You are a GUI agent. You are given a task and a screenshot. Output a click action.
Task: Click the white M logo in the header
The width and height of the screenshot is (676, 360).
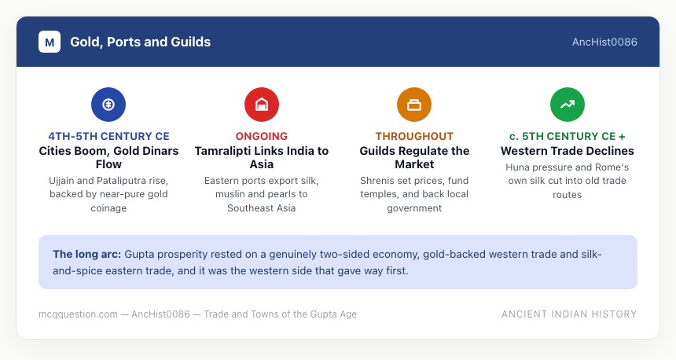coord(50,42)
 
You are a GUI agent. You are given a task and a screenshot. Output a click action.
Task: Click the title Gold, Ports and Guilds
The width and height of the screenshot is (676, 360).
coord(141,42)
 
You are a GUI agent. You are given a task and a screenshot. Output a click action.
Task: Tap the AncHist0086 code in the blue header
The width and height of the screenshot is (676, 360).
coord(604,42)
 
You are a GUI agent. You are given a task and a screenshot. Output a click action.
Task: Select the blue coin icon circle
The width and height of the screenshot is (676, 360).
coord(108,105)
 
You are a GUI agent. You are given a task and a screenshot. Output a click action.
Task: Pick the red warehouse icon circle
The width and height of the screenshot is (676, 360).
coord(262,105)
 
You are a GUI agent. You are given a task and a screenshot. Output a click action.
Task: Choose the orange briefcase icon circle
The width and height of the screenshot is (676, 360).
coord(414,105)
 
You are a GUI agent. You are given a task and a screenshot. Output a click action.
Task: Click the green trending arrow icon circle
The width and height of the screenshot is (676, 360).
coord(568,105)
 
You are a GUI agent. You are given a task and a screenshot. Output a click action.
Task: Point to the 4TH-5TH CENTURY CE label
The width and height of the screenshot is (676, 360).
coord(108,136)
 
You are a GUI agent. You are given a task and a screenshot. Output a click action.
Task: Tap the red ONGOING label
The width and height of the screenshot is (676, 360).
coord(262,136)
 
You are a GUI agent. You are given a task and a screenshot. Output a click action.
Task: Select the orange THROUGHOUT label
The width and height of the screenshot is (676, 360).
coord(414,136)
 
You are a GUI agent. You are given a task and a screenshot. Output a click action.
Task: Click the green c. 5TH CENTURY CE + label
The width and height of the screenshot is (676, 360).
coord(568,136)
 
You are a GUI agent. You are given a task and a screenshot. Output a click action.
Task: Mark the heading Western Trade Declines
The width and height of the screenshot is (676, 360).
coord(568,151)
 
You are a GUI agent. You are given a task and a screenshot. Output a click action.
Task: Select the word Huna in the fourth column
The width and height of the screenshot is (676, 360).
coord(516,167)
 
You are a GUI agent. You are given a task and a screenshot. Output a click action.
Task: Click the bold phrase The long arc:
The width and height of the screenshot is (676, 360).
coord(87,255)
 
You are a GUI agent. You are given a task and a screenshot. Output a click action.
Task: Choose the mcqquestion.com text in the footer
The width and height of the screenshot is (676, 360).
coord(78,314)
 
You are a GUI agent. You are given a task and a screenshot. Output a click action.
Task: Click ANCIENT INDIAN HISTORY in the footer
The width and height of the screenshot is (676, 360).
coord(569,314)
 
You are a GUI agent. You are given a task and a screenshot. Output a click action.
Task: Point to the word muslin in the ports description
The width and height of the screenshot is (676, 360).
coord(230,194)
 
